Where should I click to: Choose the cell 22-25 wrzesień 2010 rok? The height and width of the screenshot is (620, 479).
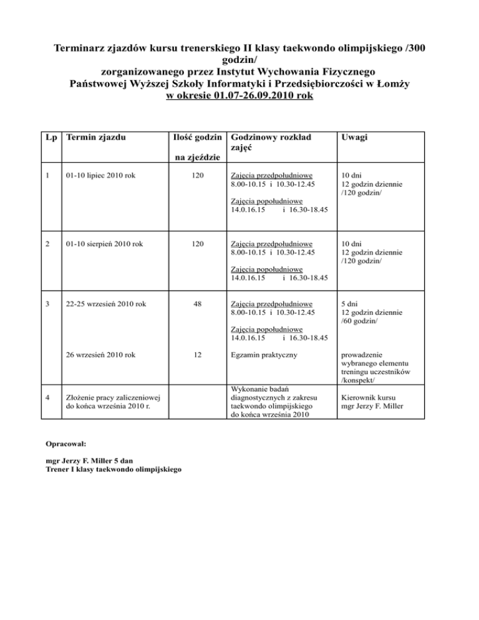tap(106, 304)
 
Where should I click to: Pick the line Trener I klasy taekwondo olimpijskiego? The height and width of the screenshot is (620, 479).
tap(114, 469)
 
